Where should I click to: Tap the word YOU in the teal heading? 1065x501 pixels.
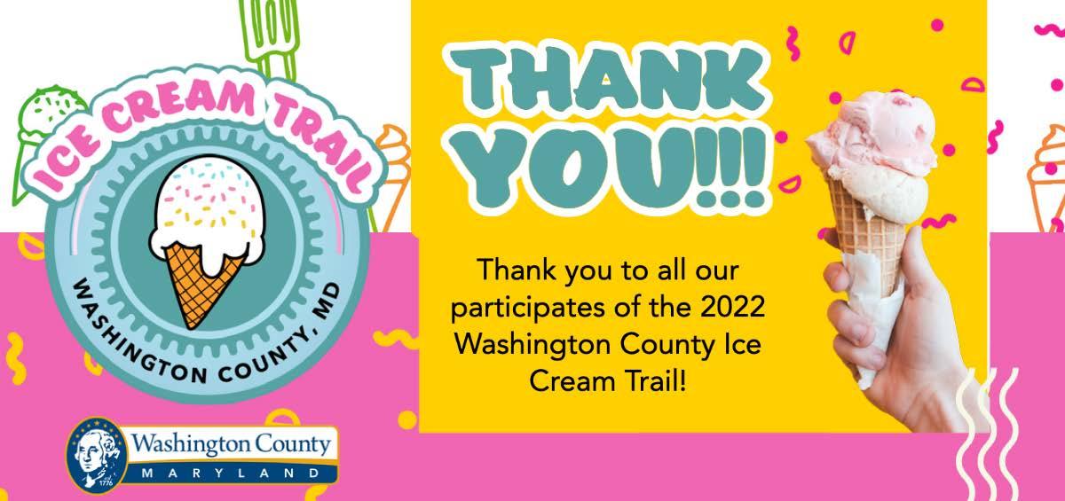(x=572, y=167)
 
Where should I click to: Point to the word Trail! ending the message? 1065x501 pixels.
(x=656, y=381)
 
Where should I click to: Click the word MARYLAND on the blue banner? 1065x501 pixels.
(x=231, y=473)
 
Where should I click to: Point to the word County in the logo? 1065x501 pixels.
(x=293, y=445)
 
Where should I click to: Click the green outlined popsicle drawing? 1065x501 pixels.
(x=270, y=38)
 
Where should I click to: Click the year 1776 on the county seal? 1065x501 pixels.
(x=106, y=483)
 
